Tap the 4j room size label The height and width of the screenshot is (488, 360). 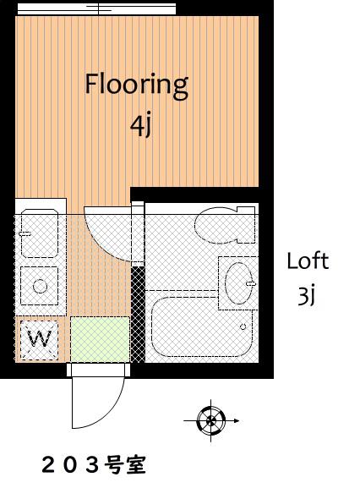[x=141, y=126]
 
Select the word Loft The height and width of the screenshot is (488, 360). [x=308, y=260]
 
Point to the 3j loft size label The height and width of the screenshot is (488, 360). [x=307, y=297]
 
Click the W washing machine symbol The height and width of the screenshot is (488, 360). [x=39, y=340]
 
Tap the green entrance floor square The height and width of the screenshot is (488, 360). [x=100, y=339]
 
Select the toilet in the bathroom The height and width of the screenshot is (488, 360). [x=226, y=225]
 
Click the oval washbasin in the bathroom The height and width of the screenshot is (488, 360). [x=239, y=283]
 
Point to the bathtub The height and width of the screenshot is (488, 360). [x=202, y=326]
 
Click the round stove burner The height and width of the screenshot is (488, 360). [x=40, y=287]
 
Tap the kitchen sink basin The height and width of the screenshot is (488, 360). [x=40, y=233]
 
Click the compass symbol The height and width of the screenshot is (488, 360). [x=211, y=421]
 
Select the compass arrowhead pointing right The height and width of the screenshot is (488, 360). [x=237, y=421]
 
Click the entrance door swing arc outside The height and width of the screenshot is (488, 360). [x=109, y=413]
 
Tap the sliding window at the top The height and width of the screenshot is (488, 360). [x=96, y=9]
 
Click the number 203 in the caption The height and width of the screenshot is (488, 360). [x=71, y=465]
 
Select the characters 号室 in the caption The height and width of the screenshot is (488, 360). [x=125, y=465]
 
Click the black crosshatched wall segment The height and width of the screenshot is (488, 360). [x=138, y=315]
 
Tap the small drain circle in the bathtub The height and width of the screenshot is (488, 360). [x=243, y=326]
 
